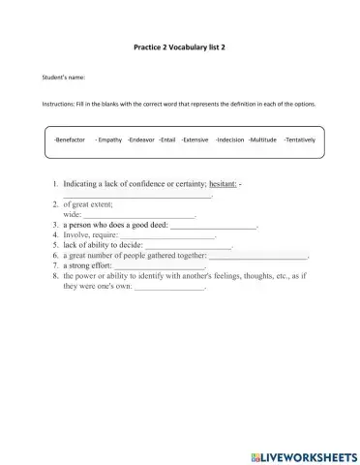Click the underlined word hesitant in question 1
tap(222, 182)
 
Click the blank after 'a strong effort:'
tap(160, 266)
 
